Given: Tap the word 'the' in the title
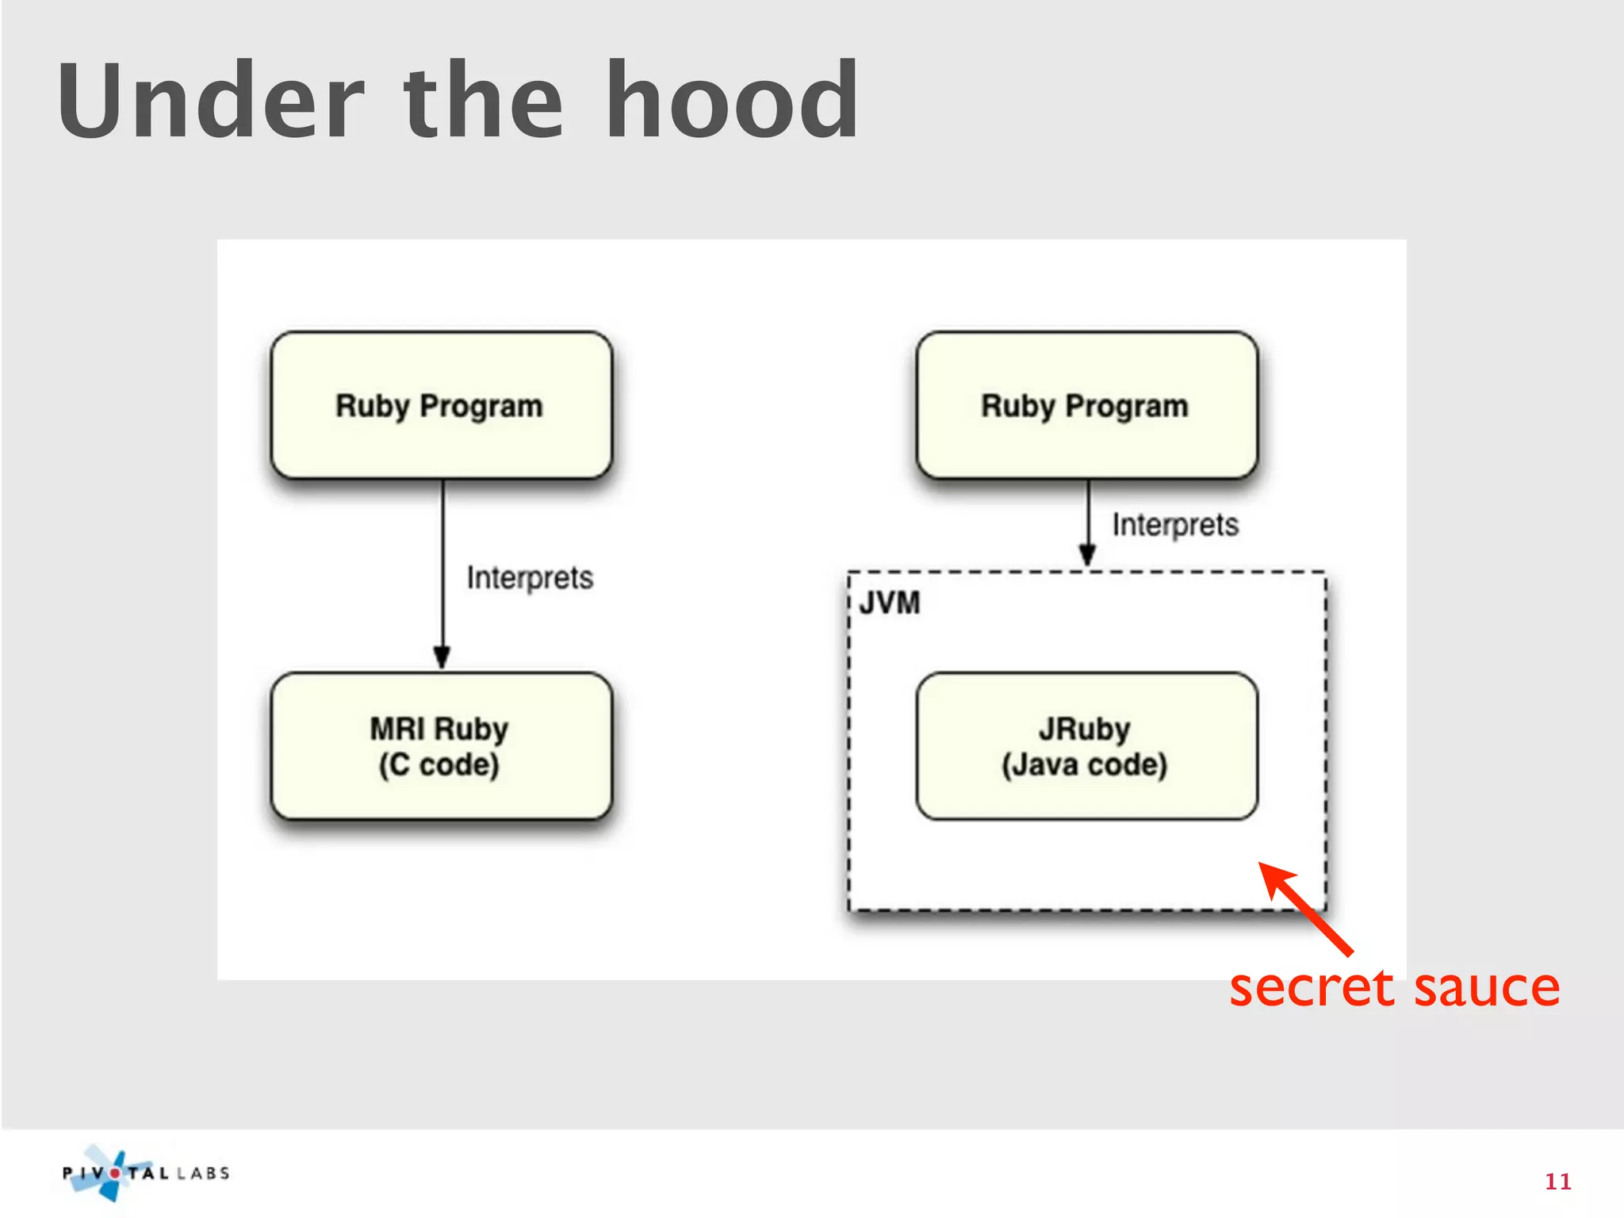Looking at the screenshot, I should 483,101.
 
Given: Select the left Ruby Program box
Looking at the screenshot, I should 441,406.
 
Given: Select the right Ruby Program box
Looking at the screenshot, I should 1086,406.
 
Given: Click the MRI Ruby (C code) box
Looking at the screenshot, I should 441,746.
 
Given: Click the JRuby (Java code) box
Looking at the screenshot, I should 1086,746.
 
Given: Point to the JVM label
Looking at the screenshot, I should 890,603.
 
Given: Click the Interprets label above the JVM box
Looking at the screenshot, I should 1174,525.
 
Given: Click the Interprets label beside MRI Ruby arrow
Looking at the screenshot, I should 529,578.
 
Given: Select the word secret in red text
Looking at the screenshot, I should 1311,988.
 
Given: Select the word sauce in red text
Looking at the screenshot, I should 1487,988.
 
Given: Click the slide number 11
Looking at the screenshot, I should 1557,1182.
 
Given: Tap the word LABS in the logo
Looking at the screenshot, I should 203,1174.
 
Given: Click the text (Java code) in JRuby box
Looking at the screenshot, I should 1085,765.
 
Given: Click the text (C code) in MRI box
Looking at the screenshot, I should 439,765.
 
